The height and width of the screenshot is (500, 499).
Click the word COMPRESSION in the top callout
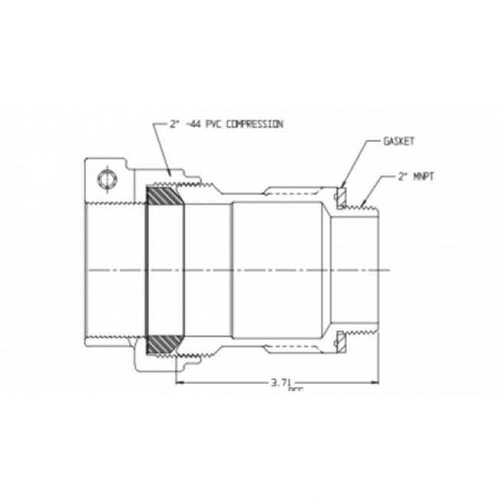click(x=254, y=124)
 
